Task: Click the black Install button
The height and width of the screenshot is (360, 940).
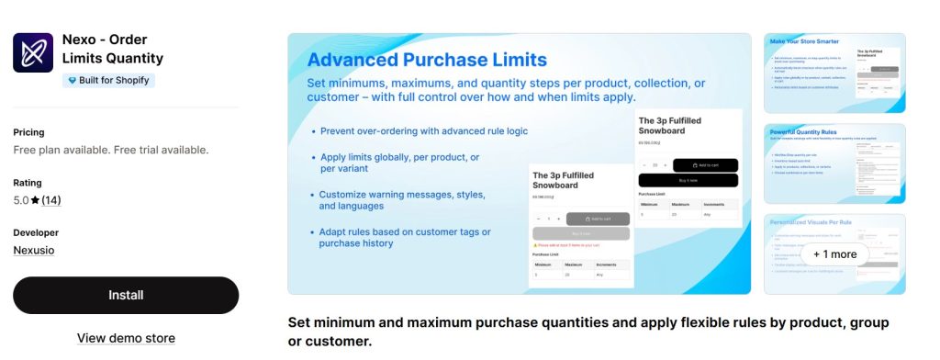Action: [x=126, y=295]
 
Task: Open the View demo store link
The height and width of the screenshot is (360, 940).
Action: [x=126, y=338]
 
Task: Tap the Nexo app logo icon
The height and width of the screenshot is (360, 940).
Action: [x=33, y=52]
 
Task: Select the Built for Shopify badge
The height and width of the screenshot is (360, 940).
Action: [x=108, y=80]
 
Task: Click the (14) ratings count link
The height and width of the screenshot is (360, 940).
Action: [x=50, y=200]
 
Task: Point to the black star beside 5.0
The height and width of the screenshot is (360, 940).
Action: [x=35, y=200]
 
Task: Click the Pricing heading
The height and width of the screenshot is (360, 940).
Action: [x=28, y=132]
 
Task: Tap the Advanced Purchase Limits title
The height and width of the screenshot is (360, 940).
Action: [x=427, y=60]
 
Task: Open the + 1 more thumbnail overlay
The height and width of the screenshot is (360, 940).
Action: [x=834, y=253]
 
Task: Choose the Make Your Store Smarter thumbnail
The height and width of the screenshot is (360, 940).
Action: [x=834, y=73]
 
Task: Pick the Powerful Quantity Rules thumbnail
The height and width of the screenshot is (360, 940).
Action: [x=834, y=163]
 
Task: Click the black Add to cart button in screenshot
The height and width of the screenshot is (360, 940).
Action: [x=705, y=165]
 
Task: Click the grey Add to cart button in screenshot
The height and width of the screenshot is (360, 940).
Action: [x=598, y=219]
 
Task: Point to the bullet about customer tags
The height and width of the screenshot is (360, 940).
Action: [x=405, y=237]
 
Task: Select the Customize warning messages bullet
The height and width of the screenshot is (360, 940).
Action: [x=402, y=200]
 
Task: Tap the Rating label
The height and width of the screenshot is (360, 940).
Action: [x=28, y=183]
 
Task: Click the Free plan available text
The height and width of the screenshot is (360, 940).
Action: [x=110, y=150]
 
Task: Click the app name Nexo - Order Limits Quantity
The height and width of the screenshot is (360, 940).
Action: [x=112, y=49]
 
